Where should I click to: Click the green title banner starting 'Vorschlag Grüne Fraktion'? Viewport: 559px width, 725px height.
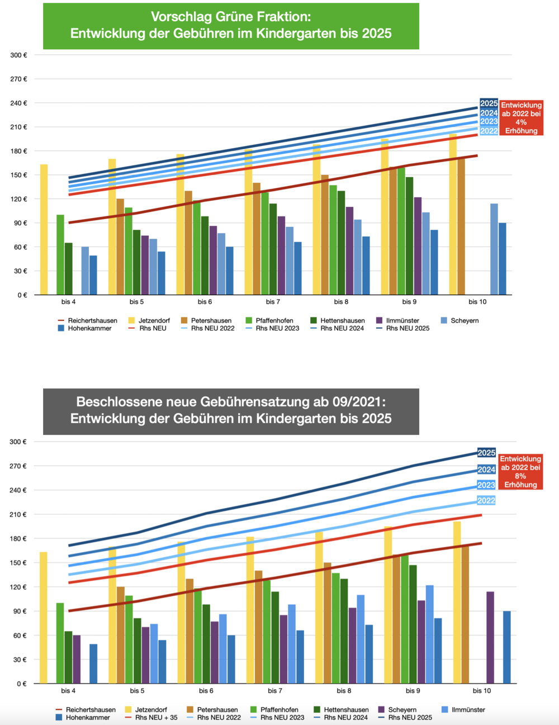(231, 26)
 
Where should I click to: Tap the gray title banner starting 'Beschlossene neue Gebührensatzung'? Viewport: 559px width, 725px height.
(231, 411)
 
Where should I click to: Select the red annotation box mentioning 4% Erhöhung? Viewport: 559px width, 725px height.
(521, 118)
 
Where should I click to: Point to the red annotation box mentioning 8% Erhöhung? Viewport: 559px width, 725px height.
(520, 472)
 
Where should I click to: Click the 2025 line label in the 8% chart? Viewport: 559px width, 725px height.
(486, 453)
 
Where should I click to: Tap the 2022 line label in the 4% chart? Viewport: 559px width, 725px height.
(489, 131)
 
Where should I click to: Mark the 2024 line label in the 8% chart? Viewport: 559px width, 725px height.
(486, 470)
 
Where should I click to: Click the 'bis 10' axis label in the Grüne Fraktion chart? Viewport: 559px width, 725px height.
(477, 302)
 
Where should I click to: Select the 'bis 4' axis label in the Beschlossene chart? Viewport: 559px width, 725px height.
(68, 691)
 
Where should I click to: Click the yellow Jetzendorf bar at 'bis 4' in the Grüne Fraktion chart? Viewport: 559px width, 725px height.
(44, 229)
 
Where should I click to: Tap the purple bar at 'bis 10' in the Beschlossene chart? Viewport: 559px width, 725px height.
(490, 637)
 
